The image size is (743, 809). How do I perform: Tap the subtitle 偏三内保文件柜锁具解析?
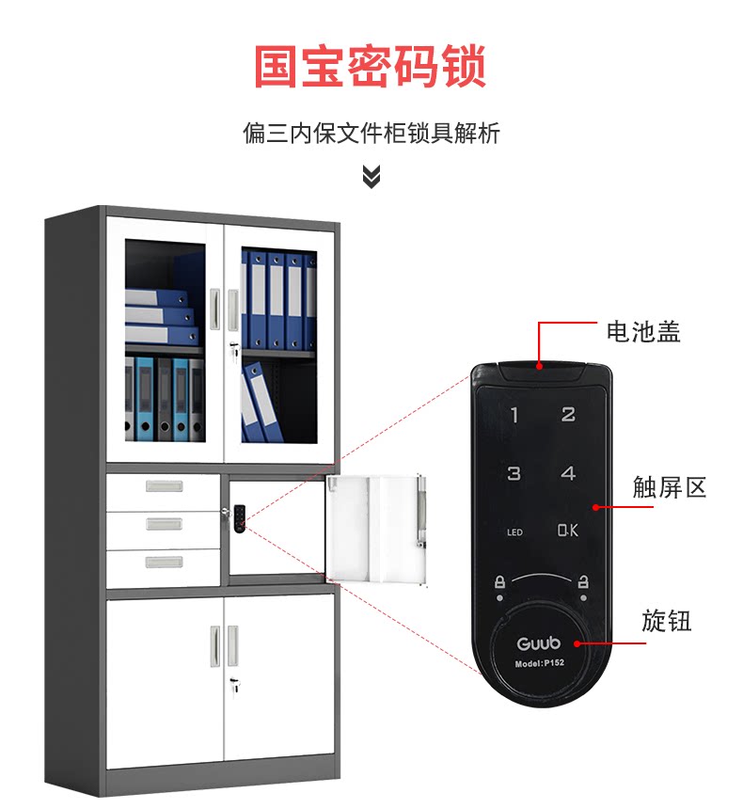point(371,134)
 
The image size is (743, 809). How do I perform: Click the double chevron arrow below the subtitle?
point(371,176)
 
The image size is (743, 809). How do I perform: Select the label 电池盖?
point(643,331)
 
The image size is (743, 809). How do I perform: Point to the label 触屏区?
point(669,487)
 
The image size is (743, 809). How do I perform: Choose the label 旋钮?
point(666,621)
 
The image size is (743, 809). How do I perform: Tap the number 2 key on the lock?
point(568,414)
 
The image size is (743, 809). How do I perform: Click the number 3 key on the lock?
point(514,473)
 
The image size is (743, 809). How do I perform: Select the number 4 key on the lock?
point(568,473)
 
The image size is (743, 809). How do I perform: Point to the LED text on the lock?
point(514,532)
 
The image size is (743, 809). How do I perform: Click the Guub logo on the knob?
point(539,644)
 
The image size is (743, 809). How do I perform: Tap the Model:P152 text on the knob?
point(539,664)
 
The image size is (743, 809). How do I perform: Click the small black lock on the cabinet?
point(239,517)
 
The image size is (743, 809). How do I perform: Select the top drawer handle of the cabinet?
point(164,487)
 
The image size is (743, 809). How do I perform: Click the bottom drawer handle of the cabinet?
point(164,563)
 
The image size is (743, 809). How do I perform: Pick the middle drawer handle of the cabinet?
point(164,524)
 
